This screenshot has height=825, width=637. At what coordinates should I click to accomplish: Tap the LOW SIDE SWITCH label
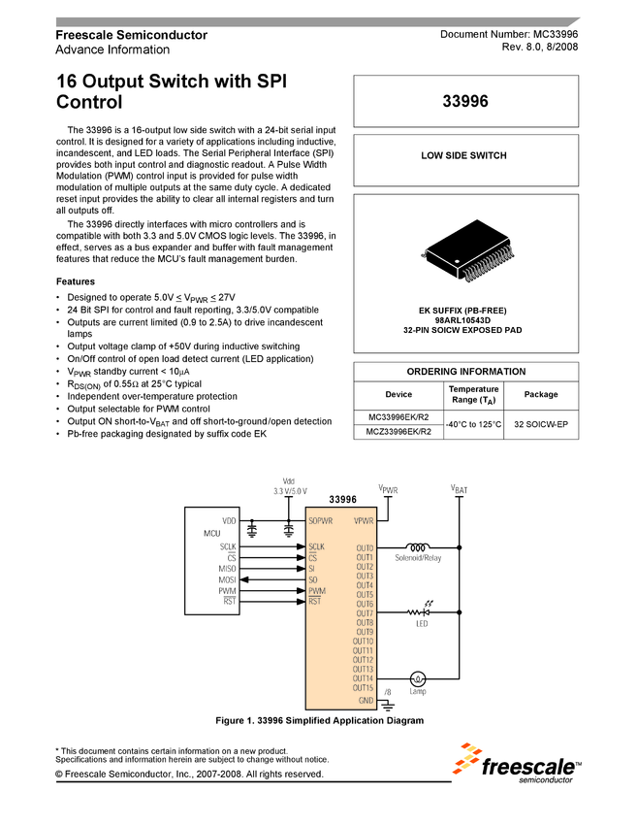(x=463, y=155)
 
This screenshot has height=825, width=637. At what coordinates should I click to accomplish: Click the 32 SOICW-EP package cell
(x=541, y=424)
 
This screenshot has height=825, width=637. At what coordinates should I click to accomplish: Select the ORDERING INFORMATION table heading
(x=465, y=372)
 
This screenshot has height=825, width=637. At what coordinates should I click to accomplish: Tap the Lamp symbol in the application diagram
(x=418, y=678)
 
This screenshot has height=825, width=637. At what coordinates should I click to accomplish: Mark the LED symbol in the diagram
(x=420, y=612)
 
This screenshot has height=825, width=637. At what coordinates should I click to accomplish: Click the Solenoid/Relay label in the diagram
(x=418, y=558)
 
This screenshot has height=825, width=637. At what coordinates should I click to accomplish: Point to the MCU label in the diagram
(x=211, y=534)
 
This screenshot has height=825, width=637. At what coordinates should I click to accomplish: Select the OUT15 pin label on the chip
(x=363, y=687)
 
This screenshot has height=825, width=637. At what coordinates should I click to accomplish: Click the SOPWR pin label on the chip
(x=322, y=521)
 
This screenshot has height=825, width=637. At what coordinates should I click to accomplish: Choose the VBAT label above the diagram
(x=459, y=490)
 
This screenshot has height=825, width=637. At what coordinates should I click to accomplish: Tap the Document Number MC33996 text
(x=509, y=35)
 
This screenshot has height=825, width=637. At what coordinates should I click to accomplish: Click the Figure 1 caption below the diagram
(x=319, y=721)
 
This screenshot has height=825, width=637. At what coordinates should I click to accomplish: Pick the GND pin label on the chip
(x=366, y=700)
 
